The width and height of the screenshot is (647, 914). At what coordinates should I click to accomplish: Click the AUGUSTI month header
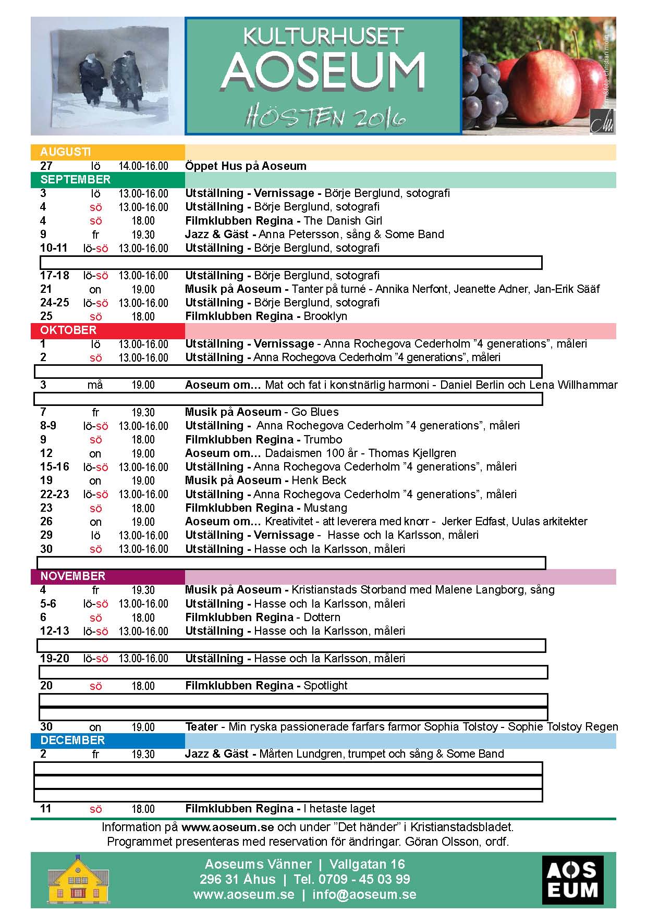(x=65, y=152)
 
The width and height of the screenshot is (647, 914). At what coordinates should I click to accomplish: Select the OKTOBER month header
(x=68, y=330)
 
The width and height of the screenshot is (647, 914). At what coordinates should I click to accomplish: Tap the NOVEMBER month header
(x=72, y=576)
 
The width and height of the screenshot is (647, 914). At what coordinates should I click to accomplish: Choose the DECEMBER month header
(x=72, y=740)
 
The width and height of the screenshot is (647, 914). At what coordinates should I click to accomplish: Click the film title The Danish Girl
(x=343, y=221)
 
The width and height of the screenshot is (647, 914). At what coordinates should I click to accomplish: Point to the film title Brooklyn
(x=325, y=316)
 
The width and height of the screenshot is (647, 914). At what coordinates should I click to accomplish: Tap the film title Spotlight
(x=325, y=686)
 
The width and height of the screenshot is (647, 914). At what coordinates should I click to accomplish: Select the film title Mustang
(x=325, y=508)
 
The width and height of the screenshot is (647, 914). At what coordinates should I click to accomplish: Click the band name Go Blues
(x=315, y=412)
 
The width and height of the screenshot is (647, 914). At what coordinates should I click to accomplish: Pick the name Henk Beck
(x=319, y=480)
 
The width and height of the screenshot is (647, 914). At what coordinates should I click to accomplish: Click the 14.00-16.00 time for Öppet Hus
(x=143, y=166)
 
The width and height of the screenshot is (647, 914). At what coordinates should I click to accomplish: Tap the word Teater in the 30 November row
(x=201, y=727)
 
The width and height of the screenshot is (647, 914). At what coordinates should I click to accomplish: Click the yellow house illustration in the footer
(x=78, y=880)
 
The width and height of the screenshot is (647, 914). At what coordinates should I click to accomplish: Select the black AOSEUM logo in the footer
(x=572, y=880)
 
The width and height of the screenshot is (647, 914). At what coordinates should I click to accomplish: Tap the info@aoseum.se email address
(x=364, y=895)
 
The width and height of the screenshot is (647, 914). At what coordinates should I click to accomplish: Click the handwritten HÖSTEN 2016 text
(x=325, y=118)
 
